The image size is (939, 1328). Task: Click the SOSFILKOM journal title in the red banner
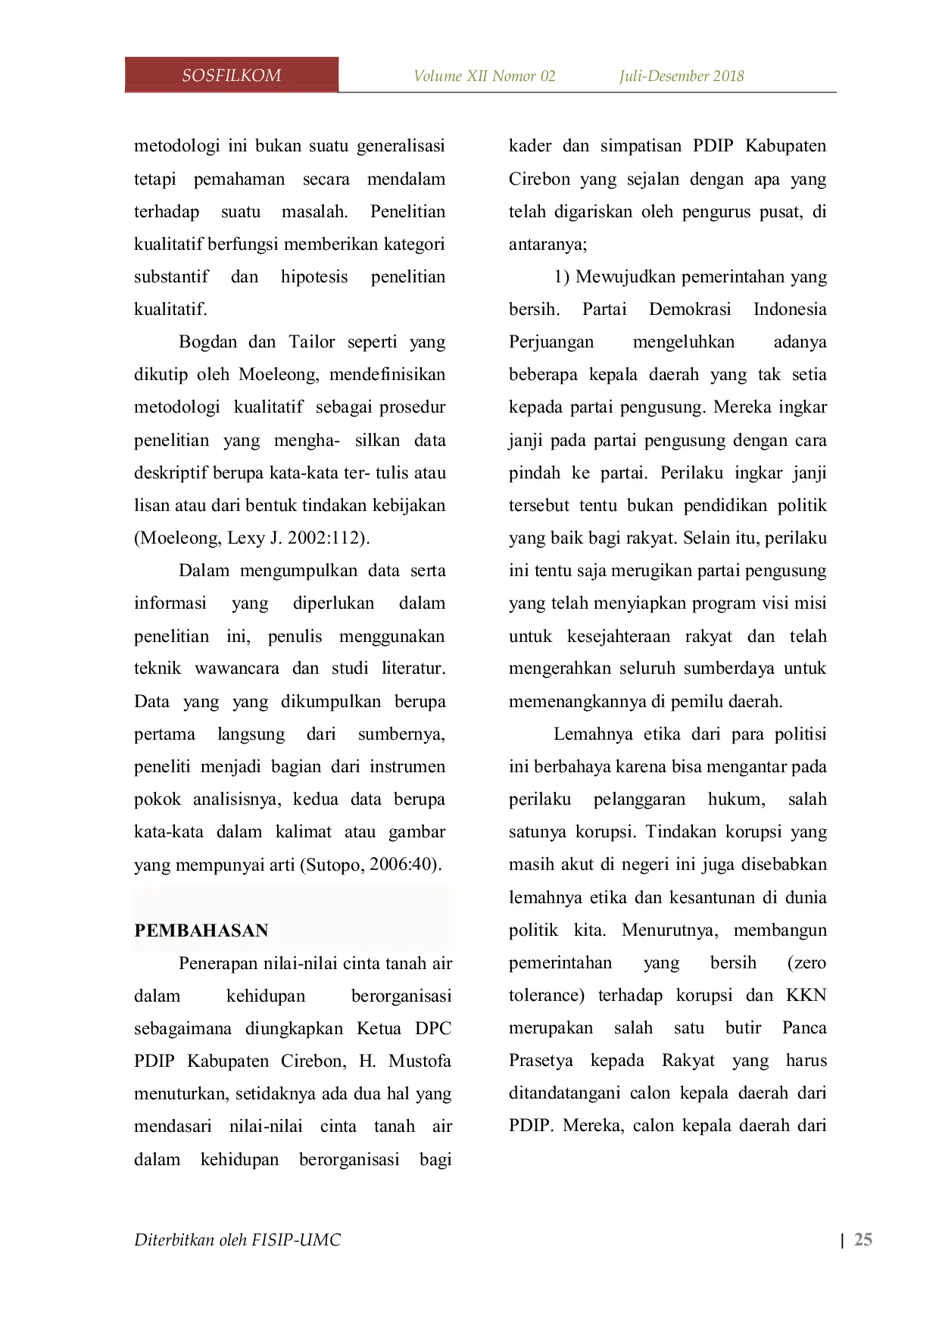[x=231, y=75]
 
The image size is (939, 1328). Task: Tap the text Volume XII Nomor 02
[x=485, y=76]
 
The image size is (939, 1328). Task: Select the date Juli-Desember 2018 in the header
[x=682, y=76]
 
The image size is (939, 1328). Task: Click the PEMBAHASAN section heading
[x=201, y=931]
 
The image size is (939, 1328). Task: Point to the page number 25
[x=863, y=1239]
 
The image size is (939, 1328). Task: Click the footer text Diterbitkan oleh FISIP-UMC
[x=238, y=1240]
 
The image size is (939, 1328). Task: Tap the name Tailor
[x=311, y=342]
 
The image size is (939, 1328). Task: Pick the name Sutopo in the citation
[x=329, y=865]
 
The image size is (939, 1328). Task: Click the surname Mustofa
[x=420, y=1061]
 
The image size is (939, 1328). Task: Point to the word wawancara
[x=237, y=669]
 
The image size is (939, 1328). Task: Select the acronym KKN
[x=806, y=995]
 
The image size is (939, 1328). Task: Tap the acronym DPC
[x=433, y=1028]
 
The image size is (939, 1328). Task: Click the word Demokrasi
[x=690, y=309]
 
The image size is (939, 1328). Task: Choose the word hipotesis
[x=314, y=277]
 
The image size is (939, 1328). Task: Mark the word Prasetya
[x=541, y=1061]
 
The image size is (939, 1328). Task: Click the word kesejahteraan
[x=619, y=636]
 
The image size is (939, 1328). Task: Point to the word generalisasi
[x=401, y=146]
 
